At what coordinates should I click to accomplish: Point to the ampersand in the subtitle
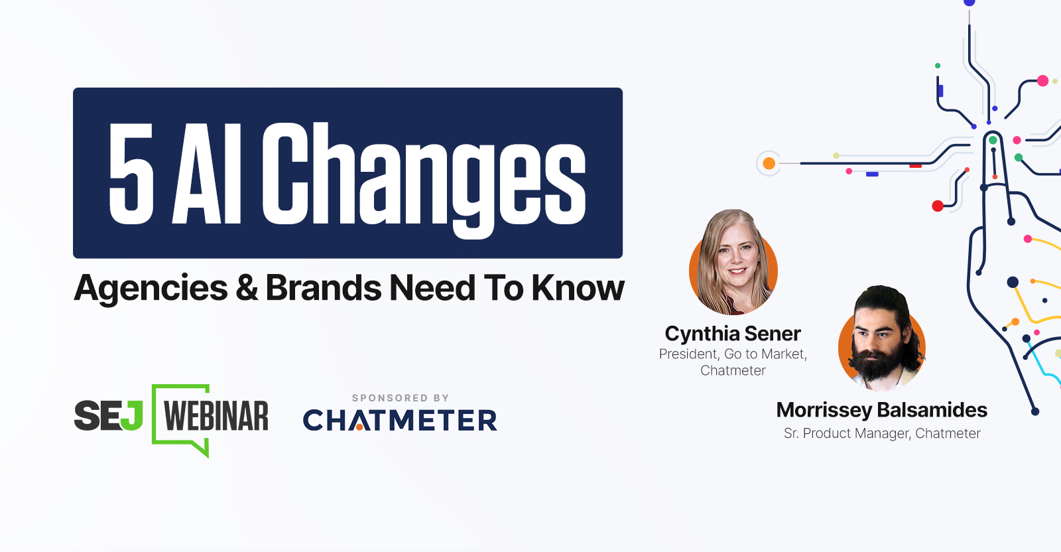247,287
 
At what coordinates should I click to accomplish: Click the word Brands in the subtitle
324,287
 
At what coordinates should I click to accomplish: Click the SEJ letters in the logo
109,415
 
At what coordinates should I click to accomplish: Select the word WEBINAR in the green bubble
216,416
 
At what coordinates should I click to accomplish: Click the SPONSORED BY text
401,398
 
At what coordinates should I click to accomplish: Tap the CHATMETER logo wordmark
400,420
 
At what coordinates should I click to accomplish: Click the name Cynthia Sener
733,334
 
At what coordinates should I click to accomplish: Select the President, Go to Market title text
733,354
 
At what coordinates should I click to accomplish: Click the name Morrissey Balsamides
881,410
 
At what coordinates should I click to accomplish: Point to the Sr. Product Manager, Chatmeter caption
882,433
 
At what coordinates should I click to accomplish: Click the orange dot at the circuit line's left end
769,163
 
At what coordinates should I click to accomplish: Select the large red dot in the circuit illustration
938,206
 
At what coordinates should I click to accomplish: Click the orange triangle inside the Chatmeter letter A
359,427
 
